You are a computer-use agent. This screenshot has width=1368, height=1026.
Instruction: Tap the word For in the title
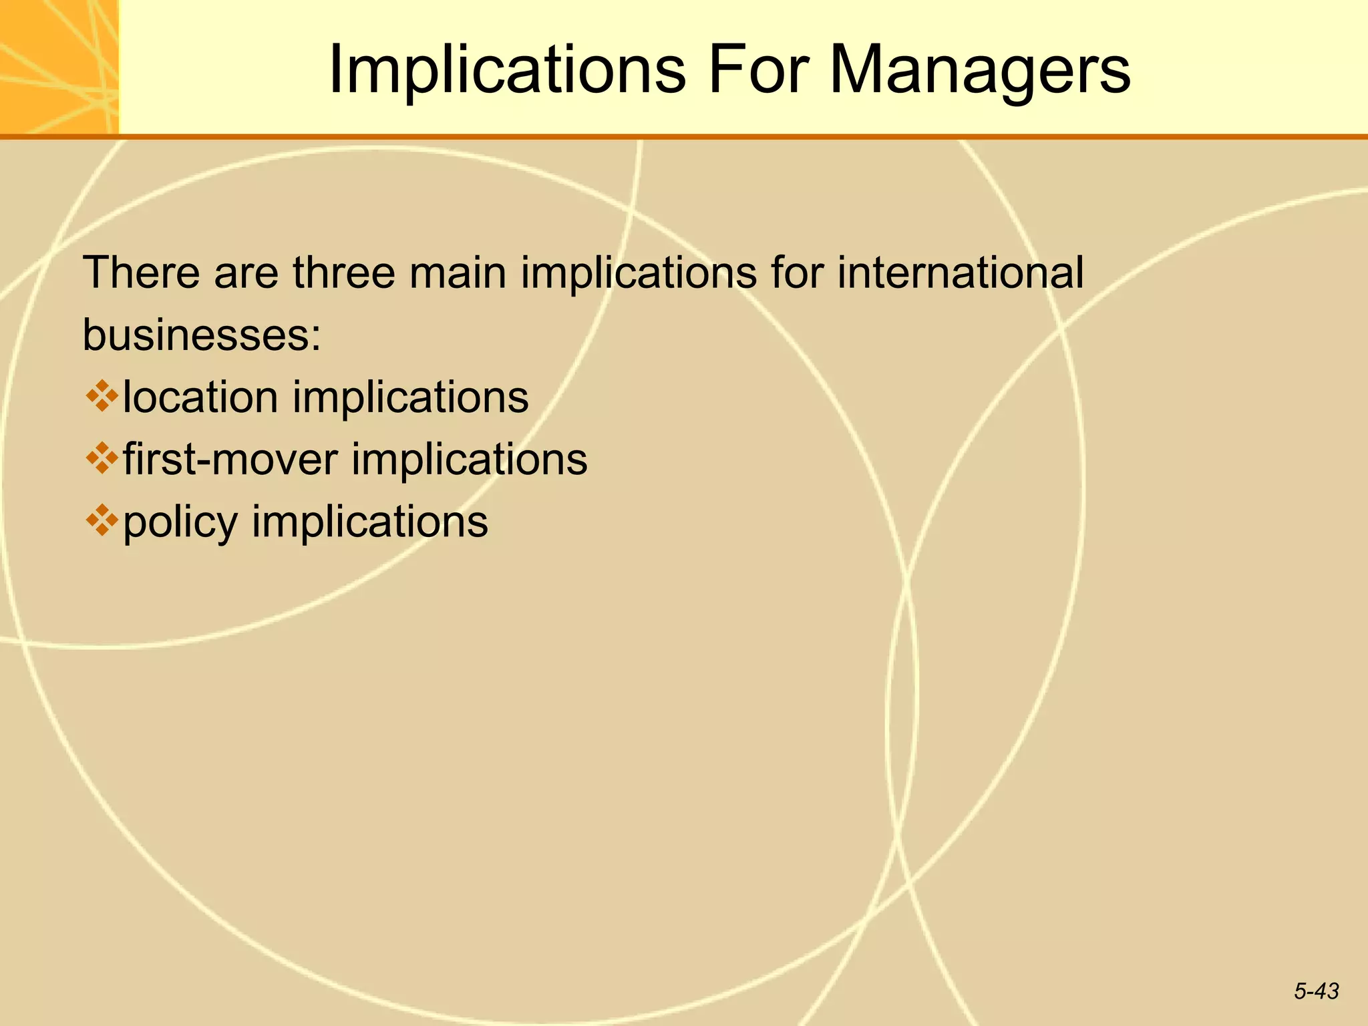[757, 69]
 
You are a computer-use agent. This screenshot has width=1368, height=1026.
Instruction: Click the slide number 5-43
[1316, 991]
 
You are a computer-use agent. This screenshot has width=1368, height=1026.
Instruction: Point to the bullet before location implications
[102, 396]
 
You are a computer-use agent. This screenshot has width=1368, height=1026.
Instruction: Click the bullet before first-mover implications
[102, 458]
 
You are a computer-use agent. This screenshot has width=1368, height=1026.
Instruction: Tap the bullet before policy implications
[102, 521]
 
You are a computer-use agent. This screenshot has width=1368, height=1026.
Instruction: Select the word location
[200, 397]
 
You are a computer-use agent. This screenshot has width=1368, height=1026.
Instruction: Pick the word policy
[180, 523]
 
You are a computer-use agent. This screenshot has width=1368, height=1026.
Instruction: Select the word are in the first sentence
[246, 274]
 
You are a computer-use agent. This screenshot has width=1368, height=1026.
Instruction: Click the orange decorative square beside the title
[59, 67]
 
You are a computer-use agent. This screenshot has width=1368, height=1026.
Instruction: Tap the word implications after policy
[370, 523]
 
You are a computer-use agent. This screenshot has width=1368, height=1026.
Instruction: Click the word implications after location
[410, 397]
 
